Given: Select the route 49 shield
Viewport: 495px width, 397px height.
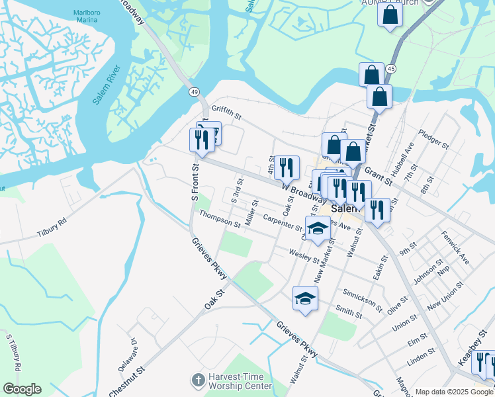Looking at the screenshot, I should (x=193, y=91).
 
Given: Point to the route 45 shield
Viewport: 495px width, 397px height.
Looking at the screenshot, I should (x=391, y=69).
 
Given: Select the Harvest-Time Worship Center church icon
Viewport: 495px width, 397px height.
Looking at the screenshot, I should (x=197, y=380).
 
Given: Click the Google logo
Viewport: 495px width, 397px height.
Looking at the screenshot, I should (x=22, y=389).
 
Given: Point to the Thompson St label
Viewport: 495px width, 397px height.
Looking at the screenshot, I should (x=220, y=219).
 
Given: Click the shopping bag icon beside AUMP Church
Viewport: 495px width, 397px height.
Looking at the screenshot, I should (x=390, y=14).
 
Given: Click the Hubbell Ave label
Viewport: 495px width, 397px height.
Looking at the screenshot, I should (x=401, y=161).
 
